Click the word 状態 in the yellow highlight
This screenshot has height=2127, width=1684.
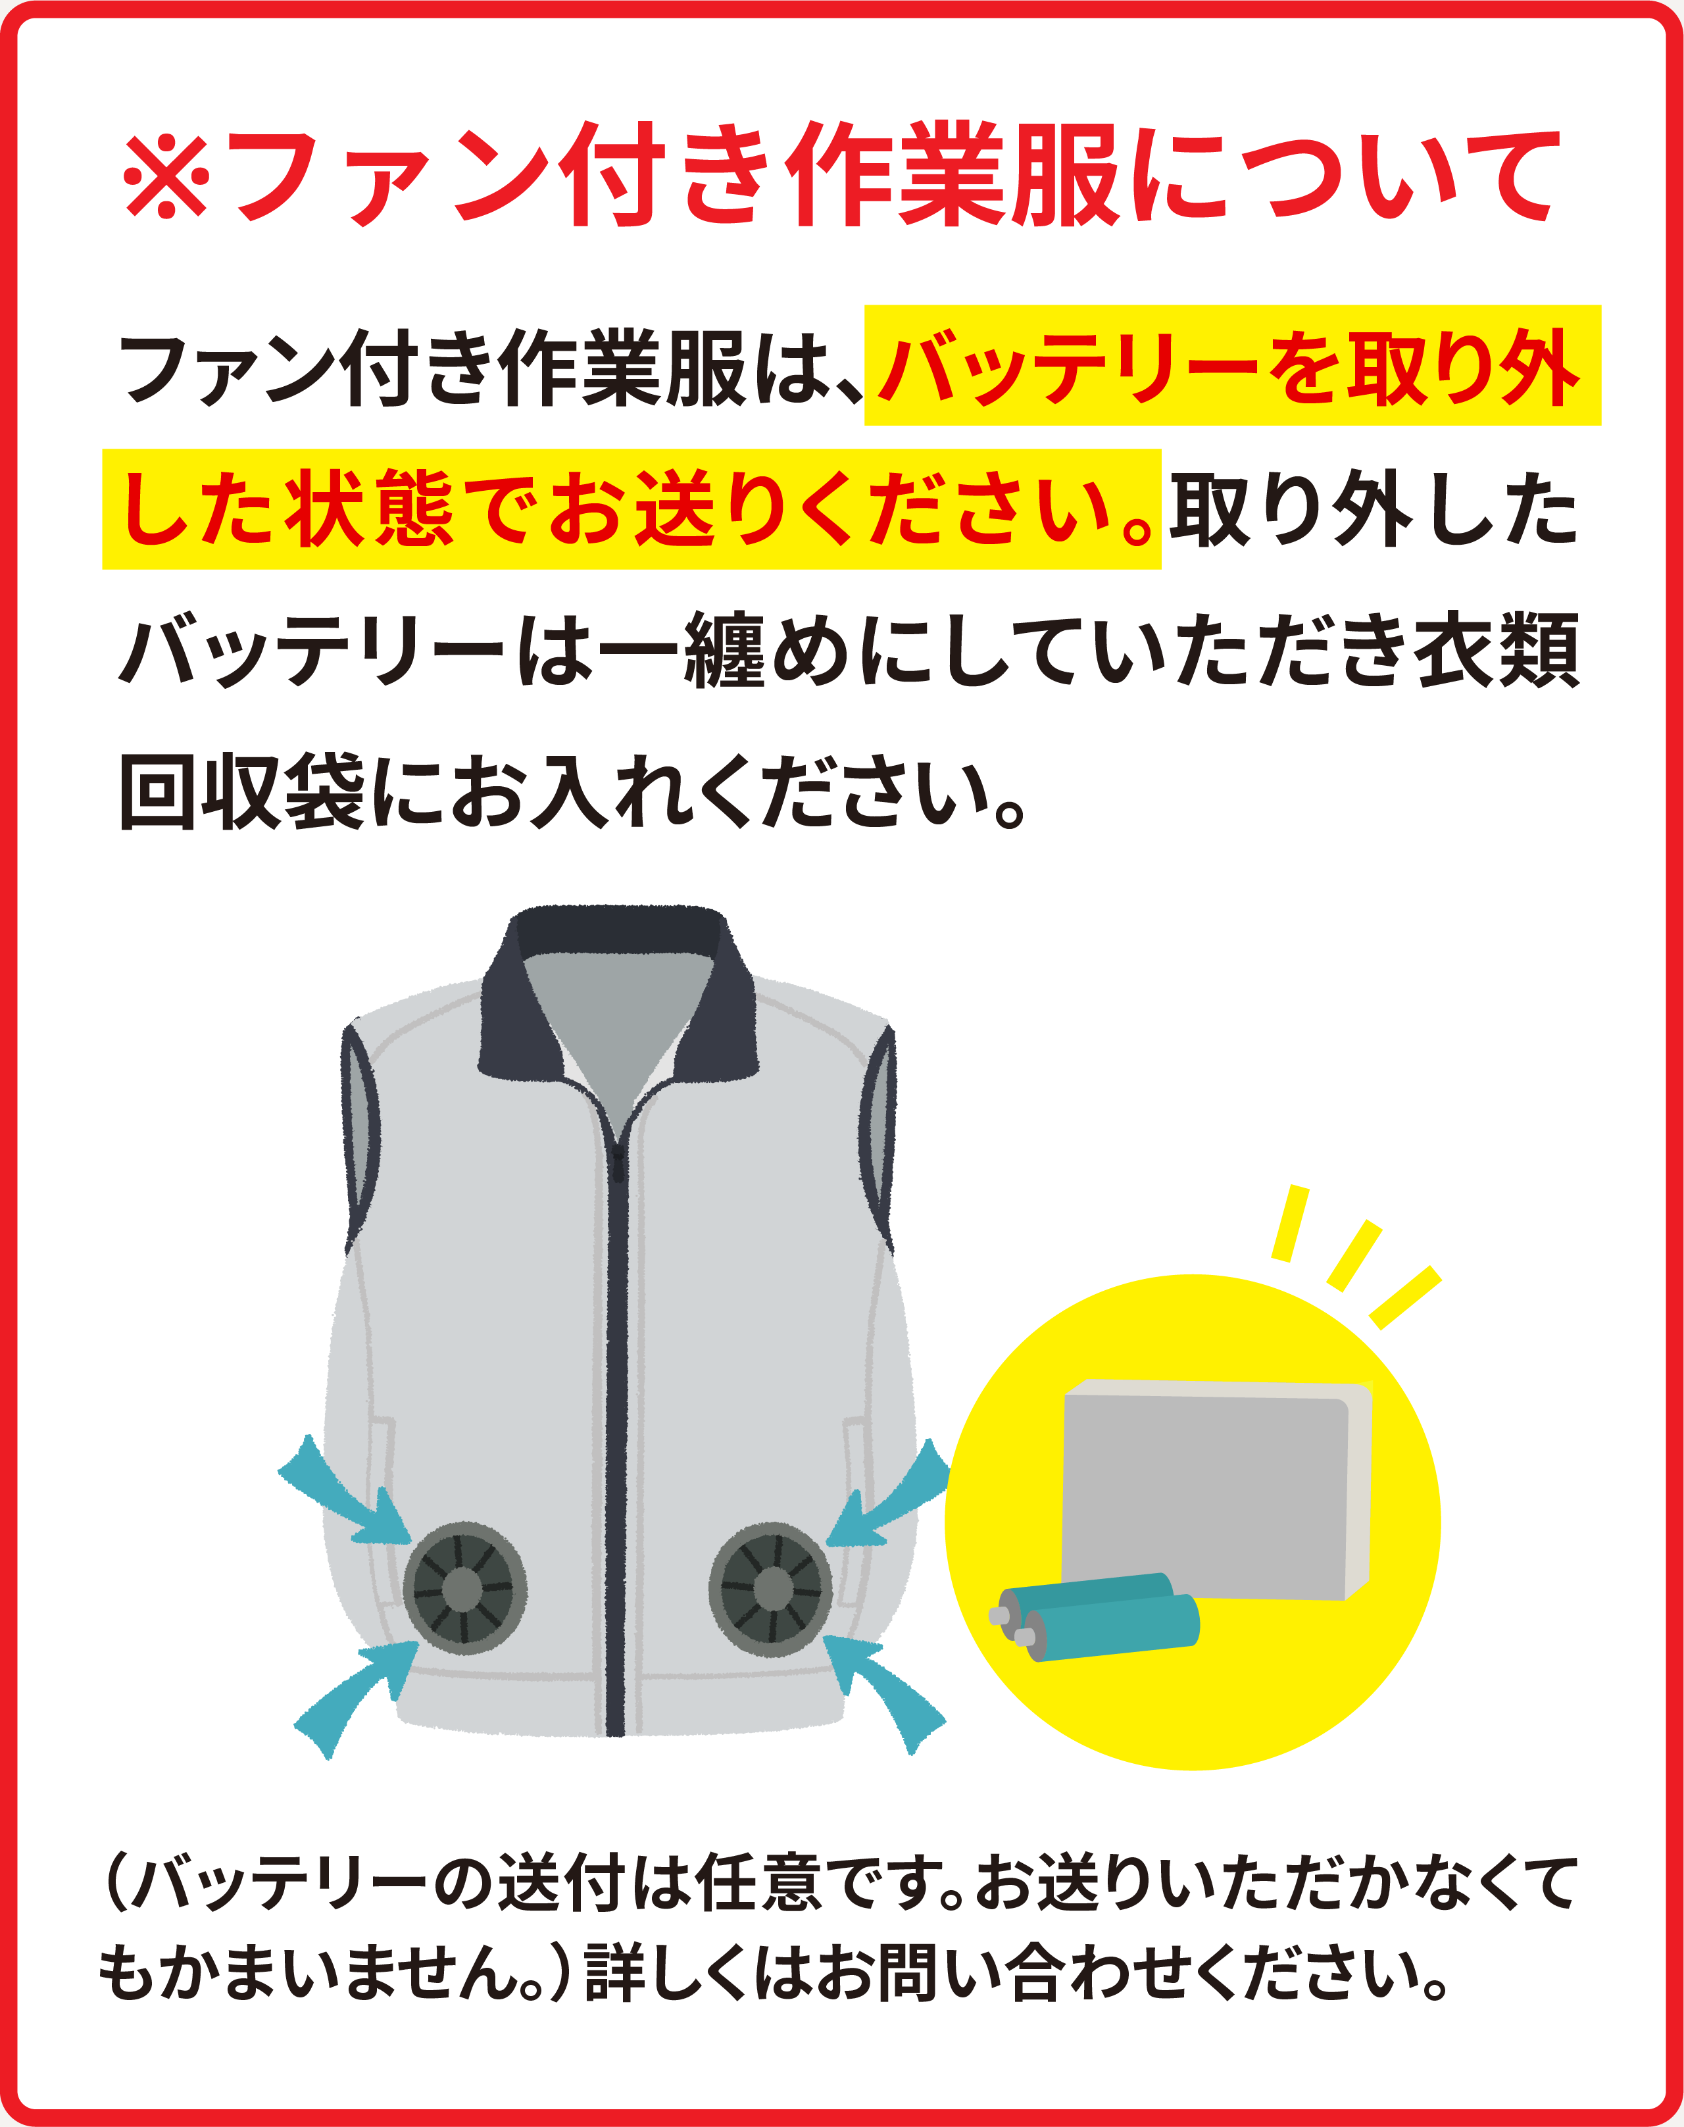370,509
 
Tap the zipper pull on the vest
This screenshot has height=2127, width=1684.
617,1164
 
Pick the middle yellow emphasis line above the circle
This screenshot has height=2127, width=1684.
1354,1255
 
